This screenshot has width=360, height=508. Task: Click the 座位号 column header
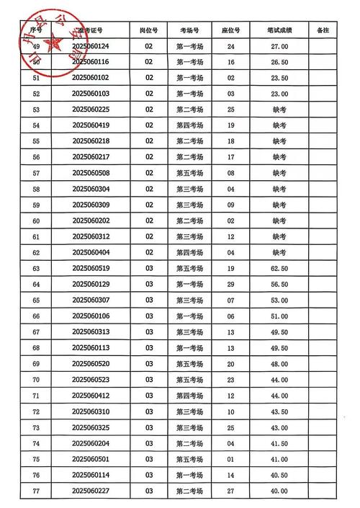[x=231, y=31]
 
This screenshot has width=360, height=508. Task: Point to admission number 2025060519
[x=91, y=268]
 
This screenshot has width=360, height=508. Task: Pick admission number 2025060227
[x=91, y=491]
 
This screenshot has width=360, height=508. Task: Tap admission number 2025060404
[x=91, y=252]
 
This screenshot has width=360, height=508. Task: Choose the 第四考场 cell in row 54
[x=190, y=125]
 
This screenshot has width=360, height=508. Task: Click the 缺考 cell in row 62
[x=279, y=252]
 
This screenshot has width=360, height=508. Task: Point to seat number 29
[x=231, y=284]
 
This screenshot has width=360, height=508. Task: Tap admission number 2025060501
[x=91, y=459]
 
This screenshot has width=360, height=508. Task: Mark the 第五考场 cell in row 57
[x=190, y=173]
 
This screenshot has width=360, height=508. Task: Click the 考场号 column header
[x=190, y=31]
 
